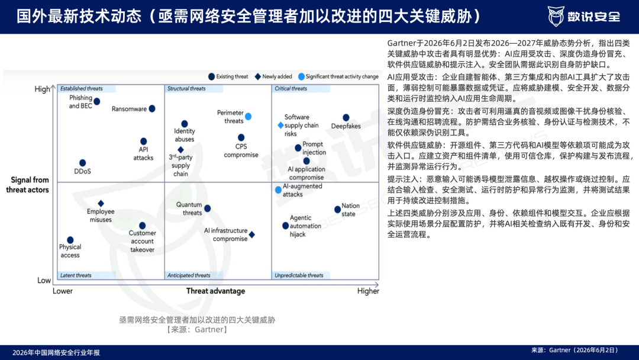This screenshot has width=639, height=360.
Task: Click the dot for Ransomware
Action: pyautogui.click(x=152, y=108)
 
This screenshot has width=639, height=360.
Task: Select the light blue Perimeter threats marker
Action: pyautogui.click(x=248, y=117)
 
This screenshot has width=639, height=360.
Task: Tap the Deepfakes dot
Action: pyautogui.click(x=346, y=117)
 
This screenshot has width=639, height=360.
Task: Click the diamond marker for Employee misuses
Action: pyautogui.click(x=101, y=203)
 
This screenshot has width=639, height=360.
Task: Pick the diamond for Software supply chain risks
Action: pyautogui.click(x=280, y=125)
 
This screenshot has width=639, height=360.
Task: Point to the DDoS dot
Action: pyautogui.click(x=82, y=163)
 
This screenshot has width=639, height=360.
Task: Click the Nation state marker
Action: pyautogui.click(x=337, y=210)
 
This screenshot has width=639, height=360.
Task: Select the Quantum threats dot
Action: pyautogui.click(x=208, y=208)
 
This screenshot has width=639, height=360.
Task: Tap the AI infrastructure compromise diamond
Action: pyautogui.click(x=252, y=234)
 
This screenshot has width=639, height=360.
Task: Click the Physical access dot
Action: pyautogui.click(x=70, y=240)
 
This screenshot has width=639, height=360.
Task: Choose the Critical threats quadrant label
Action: pyautogui.click(x=291, y=88)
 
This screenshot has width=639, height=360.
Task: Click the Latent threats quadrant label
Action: pyautogui.click(x=76, y=275)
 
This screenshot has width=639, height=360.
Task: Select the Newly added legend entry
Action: pyautogui.click(x=273, y=76)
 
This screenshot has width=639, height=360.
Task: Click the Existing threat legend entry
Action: pyautogui.click(x=228, y=76)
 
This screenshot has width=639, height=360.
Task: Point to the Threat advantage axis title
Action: pyautogui.click(x=215, y=291)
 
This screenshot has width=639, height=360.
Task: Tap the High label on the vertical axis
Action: pyautogui.click(x=43, y=89)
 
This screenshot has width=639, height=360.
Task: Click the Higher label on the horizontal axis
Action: pyautogui.click(x=368, y=291)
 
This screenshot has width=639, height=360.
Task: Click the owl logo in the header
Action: pyautogui.click(x=556, y=17)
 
